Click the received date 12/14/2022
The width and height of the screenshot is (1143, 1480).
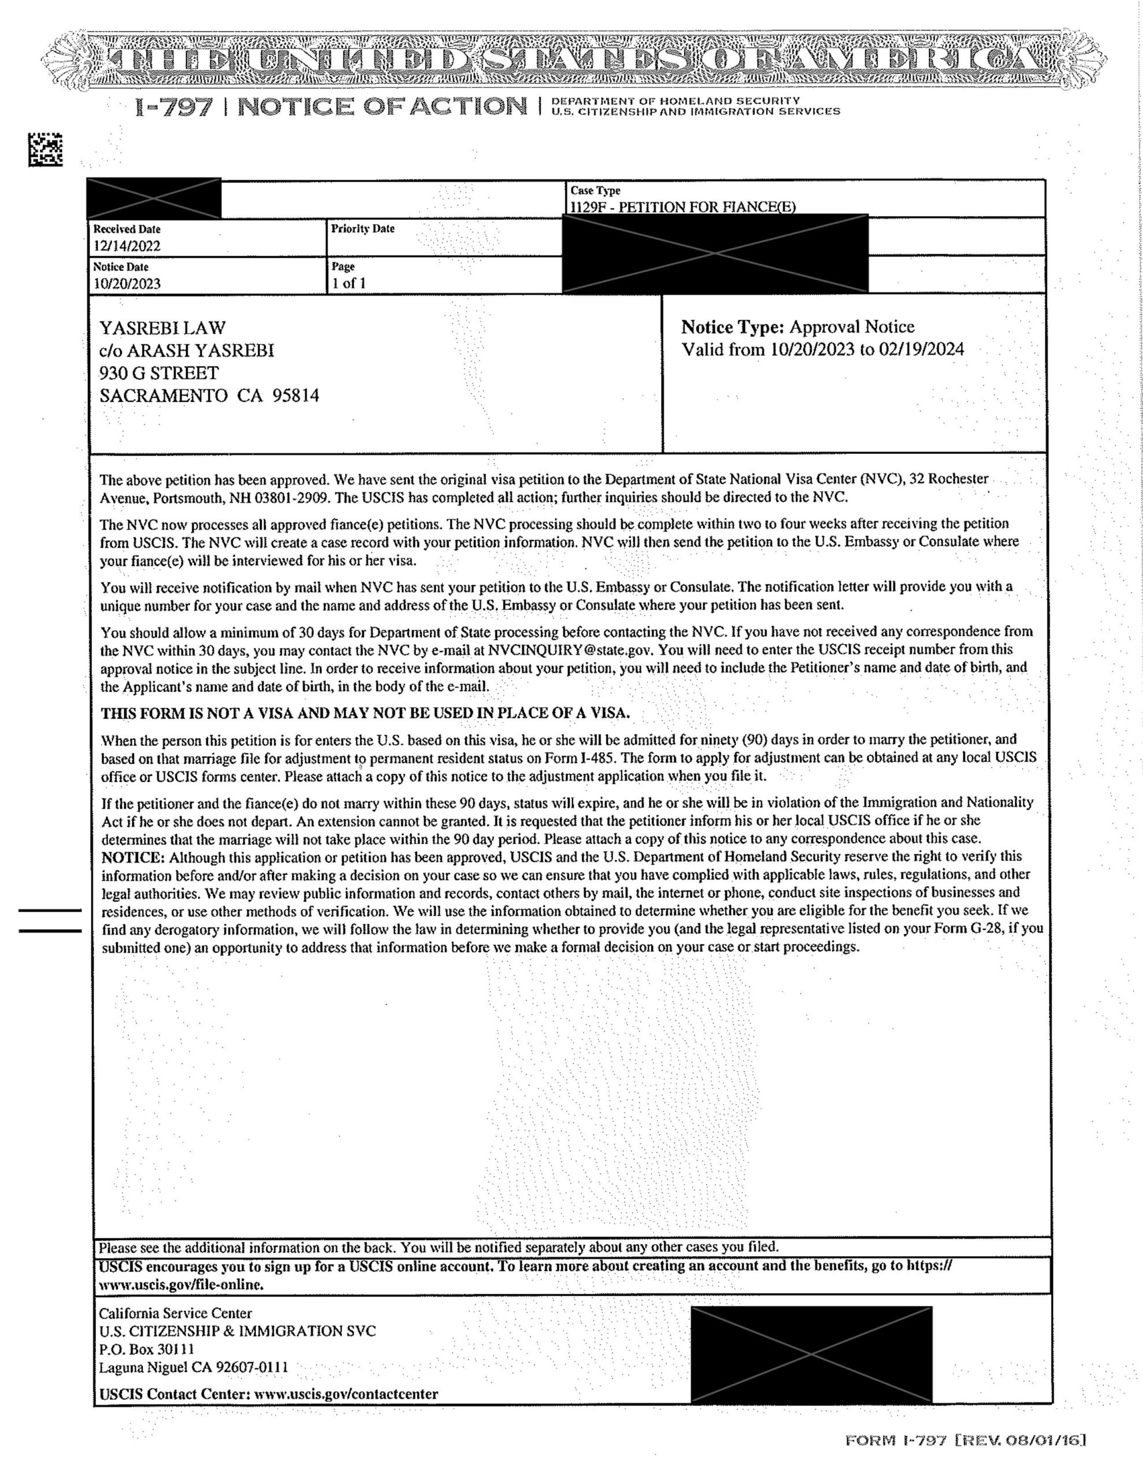(127, 246)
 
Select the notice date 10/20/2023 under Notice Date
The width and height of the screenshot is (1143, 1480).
(127, 284)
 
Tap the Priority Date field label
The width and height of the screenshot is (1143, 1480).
(362, 229)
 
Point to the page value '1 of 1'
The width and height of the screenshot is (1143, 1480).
(348, 283)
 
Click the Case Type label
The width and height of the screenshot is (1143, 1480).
(595, 191)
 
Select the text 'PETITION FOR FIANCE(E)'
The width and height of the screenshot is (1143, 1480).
(707, 208)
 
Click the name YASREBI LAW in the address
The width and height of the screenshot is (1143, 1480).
(162, 328)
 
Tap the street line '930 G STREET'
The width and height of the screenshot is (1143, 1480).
(159, 373)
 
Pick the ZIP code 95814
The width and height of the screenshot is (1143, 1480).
(295, 396)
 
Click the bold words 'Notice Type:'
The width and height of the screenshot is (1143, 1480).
(732, 327)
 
